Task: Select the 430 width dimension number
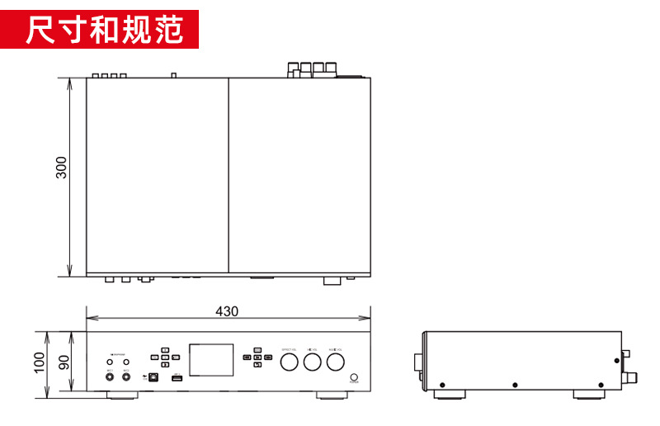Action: pyautogui.click(x=227, y=311)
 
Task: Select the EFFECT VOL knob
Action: pyautogui.click(x=289, y=361)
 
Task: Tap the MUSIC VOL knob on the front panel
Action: pyautogui.click(x=335, y=361)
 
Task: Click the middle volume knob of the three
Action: pyautogui.click(x=312, y=361)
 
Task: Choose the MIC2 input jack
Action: pyautogui.click(x=126, y=376)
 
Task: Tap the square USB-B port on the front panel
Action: pyautogui.click(x=153, y=376)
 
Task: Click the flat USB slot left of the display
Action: pyautogui.click(x=176, y=377)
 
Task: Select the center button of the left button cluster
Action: pyautogui.click(x=165, y=357)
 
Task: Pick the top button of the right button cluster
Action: pyautogui.click(x=257, y=349)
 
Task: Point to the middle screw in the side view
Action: pyautogui.click(x=516, y=385)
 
